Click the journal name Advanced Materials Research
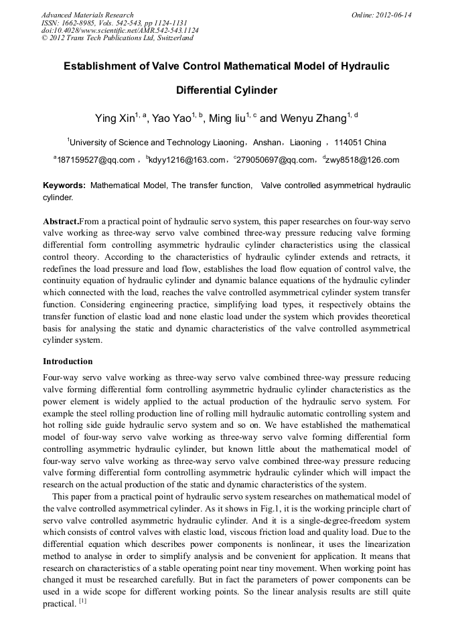(88, 15)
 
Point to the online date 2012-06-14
(393, 15)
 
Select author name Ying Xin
(115, 119)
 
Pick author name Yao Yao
(171, 119)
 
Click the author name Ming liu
(228, 119)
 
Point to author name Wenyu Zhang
(312, 119)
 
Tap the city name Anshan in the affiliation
(267, 143)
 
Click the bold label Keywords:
(64, 185)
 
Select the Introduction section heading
(68, 362)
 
